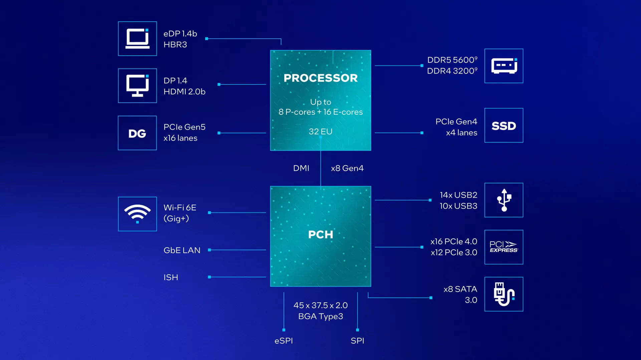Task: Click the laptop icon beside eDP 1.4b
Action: pos(137,39)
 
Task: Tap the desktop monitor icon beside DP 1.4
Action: pos(137,86)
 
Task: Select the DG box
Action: pos(137,133)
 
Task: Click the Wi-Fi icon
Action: pos(137,214)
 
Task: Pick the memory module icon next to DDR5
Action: pos(504,66)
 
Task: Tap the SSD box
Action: pos(504,125)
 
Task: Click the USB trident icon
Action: pos(504,200)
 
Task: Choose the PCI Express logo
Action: pos(503,247)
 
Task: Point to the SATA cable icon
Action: pos(504,294)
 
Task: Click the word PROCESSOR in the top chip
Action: pos(320,78)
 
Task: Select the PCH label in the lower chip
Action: pos(320,235)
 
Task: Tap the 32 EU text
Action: pos(320,131)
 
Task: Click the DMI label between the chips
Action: pos(301,168)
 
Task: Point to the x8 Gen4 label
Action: pos(347,168)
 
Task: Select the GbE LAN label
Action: pos(182,250)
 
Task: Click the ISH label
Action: pos(171,277)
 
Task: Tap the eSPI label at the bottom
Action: pos(284,341)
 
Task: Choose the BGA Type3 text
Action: pos(320,316)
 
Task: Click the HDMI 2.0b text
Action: pos(184,92)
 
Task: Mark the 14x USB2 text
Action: pos(458,195)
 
